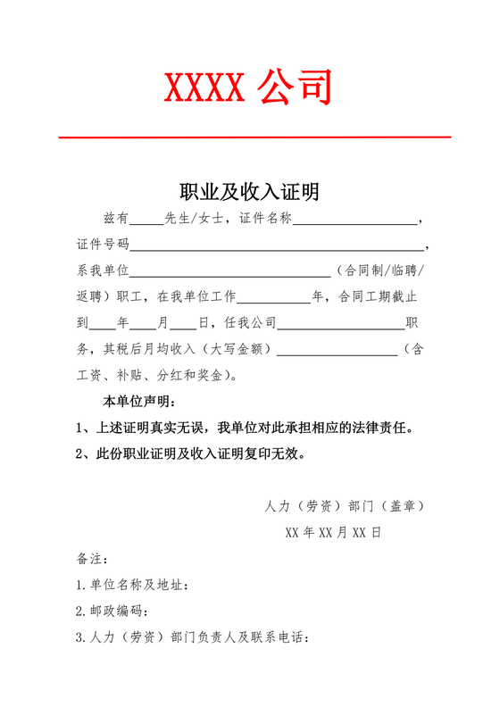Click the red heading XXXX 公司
(x=249, y=88)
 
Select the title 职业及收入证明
(x=250, y=192)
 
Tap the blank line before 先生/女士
(x=147, y=223)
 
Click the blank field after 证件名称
(x=354, y=223)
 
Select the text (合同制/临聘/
(x=381, y=270)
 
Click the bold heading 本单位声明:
(x=140, y=401)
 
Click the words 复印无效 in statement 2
(x=279, y=453)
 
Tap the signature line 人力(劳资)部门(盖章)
(x=344, y=506)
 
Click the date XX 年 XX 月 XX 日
(x=333, y=533)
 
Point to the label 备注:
(x=93, y=560)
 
